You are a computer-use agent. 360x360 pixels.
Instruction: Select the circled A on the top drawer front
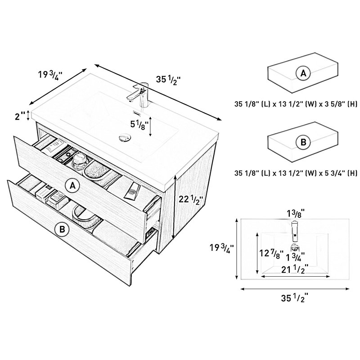72,186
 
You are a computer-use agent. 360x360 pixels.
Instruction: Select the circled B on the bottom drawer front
62,229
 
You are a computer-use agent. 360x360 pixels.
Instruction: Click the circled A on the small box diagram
303,73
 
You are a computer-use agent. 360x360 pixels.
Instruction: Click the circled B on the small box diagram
303,142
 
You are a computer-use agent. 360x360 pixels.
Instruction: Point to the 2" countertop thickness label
20,117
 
